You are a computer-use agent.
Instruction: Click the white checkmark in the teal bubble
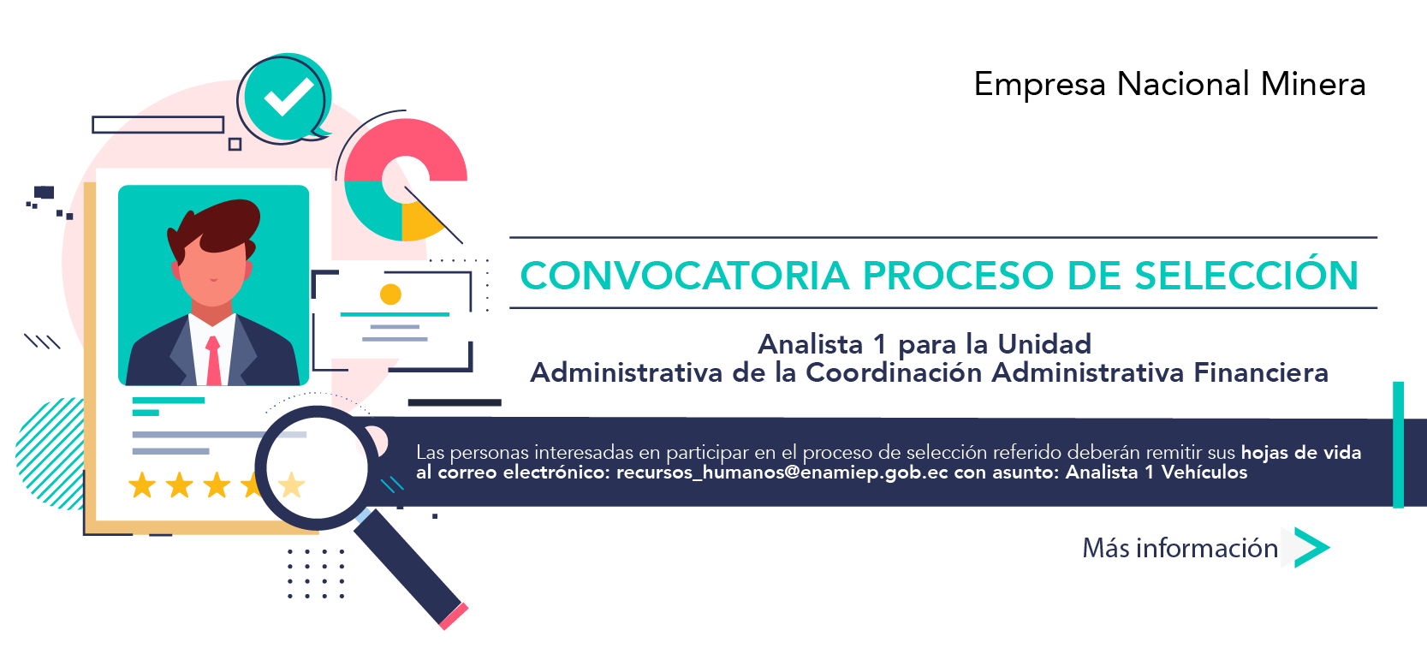pyautogui.click(x=288, y=97)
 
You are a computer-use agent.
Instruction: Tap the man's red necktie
pyautogui.click(x=213, y=360)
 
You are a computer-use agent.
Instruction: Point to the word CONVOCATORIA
pyautogui.click(x=685, y=275)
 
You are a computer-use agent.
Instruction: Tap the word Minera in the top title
pyautogui.click(x=1313, y=84)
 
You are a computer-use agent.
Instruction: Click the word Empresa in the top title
pyautogui.click(x=1040, y=84)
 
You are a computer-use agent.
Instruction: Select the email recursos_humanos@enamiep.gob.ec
pyautogui.click(x=782, y=473)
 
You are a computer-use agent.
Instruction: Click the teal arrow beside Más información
pyautogui.click(x=1312, y=547)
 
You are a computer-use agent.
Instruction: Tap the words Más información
pyautogui.click(x=1180, y=548)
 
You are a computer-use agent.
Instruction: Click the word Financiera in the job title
pyautogui.click(x=1261, y=372)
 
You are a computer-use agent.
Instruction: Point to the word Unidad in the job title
pyautogui.click(x=1044, y=345)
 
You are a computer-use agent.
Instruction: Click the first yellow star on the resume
pyautogui.click(x=142, y=485)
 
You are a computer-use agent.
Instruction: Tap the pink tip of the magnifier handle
pyautogui.click(x=455, y=616)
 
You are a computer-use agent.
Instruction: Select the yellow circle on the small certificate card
pyautogui.click(x=390, y=294)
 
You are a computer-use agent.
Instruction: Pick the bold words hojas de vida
pyautogui.click(x=1301, y=453)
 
